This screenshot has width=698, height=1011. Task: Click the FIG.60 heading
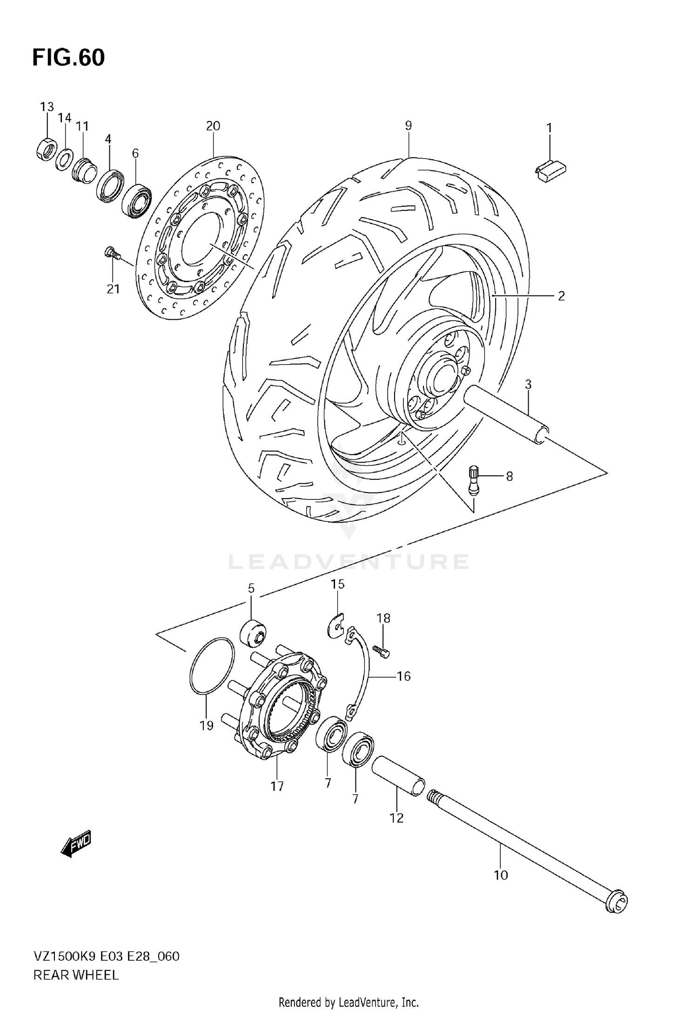tap(68, 58)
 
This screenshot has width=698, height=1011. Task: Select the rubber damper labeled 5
tap(253, 633)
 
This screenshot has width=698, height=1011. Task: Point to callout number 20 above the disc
tap(213, 126)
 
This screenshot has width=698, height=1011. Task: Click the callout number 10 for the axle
tap(501, 875)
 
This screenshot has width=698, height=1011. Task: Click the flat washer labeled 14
tap(64, 160)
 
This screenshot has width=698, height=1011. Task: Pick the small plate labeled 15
tap(334, 626)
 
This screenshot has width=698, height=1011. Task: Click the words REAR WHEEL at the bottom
tap(76, 975)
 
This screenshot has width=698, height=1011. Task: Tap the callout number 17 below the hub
tap(277, 786)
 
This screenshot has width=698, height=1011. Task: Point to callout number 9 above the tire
tap(408, 125)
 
